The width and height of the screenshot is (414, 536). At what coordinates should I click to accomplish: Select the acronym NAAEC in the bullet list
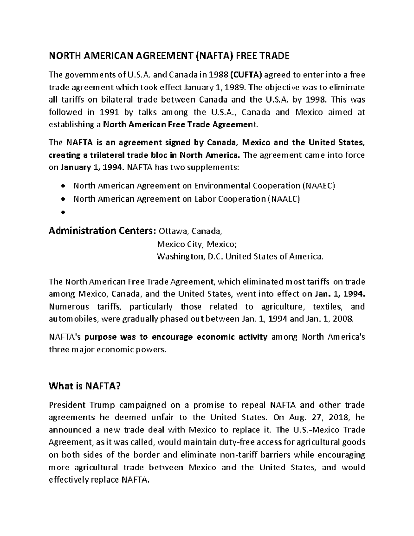click(x=319, y=186)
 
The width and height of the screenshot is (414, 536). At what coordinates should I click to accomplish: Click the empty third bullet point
click(x=62, y=213)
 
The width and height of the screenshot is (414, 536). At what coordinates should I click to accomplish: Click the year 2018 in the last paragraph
click(x=341, y=417)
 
